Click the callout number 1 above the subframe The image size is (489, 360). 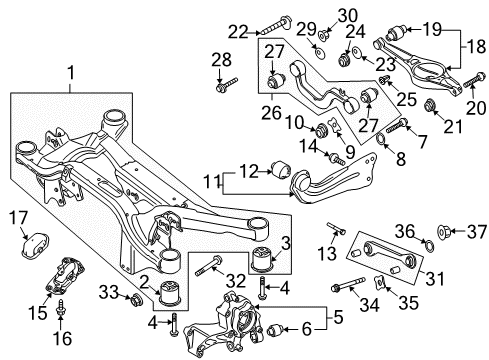[x=71, y=73]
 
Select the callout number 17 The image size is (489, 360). [x=18, y=218]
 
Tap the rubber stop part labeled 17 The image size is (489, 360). [x=35, y=245]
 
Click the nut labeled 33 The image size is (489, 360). [x=136, y=299]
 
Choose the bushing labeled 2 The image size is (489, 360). [x=171, y=293]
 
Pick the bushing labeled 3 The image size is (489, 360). [x=264, y=257]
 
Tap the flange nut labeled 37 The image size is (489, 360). [x=444, y=230]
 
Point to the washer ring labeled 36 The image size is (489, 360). [x=430, y=246]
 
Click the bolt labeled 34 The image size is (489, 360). [x=348, y=284]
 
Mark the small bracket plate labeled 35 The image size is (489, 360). [x=380, y=282]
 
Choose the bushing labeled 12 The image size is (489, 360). [x=282, y=169]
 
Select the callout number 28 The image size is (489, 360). [x=221, y=60]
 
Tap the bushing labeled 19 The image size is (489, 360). [x=396, y=32]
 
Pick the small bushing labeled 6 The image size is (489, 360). [x=275, y=330]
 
